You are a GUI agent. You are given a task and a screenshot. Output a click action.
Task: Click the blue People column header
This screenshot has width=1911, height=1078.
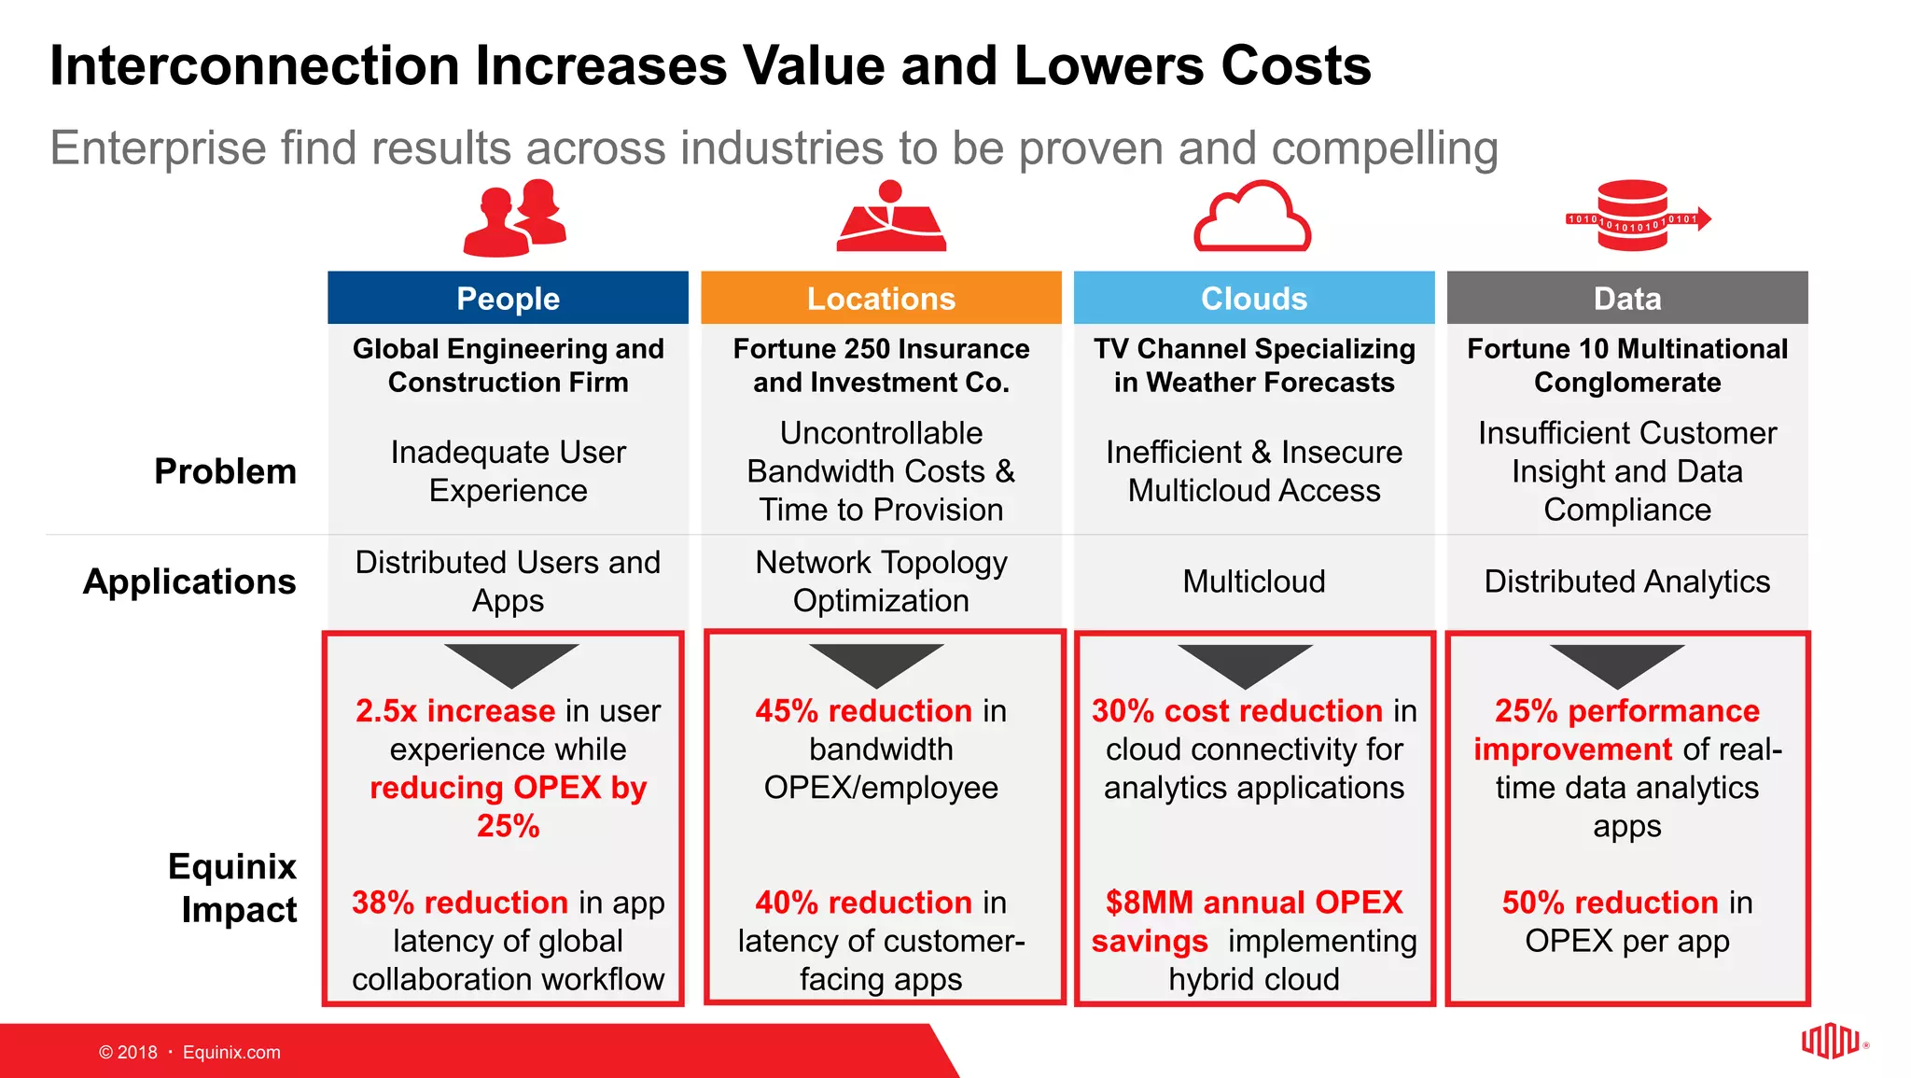click(508, 298)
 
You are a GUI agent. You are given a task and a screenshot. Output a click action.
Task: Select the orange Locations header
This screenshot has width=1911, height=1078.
click(881, 298)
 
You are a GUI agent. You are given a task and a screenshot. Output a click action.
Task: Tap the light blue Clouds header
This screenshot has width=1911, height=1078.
click(1253, 298)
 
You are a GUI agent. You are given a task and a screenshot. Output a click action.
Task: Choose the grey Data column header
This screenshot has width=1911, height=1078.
click(1626, 298)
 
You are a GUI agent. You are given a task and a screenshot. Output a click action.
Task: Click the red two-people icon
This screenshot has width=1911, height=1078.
click(515, 218)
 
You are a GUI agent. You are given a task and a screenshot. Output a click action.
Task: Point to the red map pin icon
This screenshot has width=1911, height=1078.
click(891, 217)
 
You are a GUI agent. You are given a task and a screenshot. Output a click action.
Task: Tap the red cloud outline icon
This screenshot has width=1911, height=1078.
click(1252, 217)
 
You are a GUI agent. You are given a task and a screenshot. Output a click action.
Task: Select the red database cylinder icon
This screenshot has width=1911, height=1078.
click(1632, 216)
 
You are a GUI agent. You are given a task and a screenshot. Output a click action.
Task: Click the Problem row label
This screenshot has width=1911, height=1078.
click(225, 471)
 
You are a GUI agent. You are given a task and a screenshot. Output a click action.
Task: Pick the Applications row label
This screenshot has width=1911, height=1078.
click(189, 581)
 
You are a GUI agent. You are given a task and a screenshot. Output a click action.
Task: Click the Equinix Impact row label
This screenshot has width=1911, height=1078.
click(233, 888)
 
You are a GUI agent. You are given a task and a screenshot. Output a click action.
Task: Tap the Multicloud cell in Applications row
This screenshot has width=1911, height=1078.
click(1253, 581)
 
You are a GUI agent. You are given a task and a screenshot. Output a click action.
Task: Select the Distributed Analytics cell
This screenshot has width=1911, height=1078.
click(1626, 581)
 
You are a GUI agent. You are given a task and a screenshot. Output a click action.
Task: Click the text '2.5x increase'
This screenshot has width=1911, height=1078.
click(455, 711)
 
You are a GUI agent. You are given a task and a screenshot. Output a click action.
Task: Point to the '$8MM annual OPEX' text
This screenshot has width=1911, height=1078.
click(1253, 903)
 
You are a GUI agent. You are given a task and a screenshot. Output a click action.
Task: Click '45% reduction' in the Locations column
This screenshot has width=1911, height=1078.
click(864, 711)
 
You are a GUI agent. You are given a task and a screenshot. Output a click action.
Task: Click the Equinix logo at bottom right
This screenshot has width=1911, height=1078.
click(1830, 1041)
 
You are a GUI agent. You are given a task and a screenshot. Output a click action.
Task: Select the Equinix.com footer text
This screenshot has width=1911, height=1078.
click(231, 1052)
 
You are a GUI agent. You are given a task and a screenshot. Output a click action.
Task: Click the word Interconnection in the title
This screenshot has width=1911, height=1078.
click(255, 66)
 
